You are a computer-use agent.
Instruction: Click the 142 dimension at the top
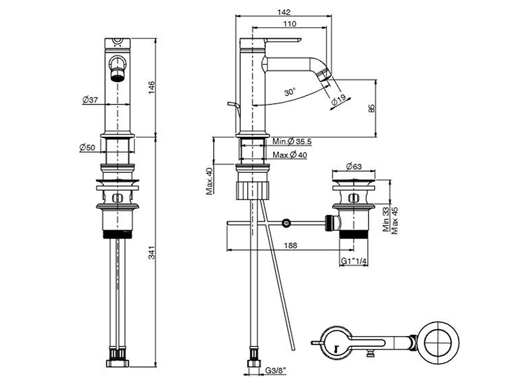[286, 12]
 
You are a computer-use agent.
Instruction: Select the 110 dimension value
[289, 24]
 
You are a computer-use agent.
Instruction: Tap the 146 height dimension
[151, 87]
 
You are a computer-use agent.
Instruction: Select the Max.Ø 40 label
[290, 155]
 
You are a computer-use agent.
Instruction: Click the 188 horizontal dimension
[290, 245]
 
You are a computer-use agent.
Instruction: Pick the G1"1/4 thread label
[353, 261]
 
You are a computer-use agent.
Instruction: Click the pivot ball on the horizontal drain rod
[286, 223]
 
